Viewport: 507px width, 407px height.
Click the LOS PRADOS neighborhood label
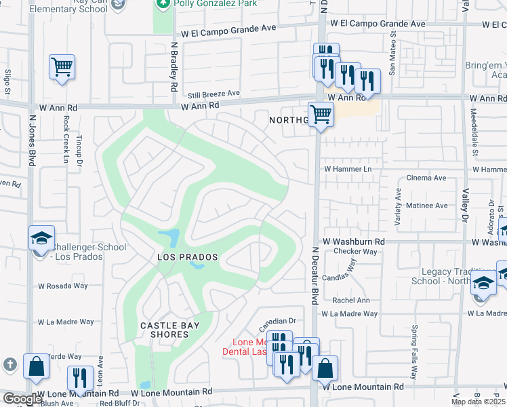[x=187, y=257]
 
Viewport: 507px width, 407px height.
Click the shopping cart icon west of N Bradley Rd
[x=62, y=67]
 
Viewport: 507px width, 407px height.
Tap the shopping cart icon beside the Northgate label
[x=320, y=113]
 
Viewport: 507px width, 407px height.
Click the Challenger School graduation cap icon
[x=41, y=238]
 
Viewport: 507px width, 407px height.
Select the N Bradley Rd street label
[x=174, y=66]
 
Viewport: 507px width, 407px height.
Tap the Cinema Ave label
[x=426, y=178]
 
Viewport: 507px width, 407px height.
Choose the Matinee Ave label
[x=426, y=205]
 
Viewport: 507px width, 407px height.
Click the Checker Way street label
[x=355, y=251]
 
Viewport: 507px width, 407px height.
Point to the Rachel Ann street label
[x=350, y=301]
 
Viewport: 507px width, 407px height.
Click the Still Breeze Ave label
[x=214, y=94]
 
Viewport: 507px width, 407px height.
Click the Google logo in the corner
[x=22, y=399]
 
